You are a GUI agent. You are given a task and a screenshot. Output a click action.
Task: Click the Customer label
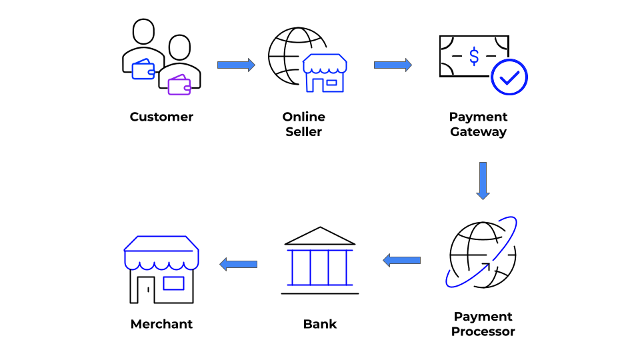[x=161, y=117]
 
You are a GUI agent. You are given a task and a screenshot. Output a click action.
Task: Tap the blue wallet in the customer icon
[x=143, y=69]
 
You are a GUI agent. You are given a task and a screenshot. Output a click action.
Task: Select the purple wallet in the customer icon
[x=179, y=85]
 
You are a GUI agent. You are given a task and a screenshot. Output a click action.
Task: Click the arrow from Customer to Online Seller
[x=236, y=65]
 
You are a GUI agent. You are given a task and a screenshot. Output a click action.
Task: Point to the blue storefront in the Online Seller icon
[x=325, y=73]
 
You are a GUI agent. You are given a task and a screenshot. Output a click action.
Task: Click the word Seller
[x=303, y=132]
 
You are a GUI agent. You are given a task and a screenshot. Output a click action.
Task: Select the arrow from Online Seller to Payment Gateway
[x=393, y=65]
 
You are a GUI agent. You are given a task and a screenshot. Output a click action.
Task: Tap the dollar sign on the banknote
[x=474, y=56]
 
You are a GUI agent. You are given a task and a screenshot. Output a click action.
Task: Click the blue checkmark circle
[x=509, y=77]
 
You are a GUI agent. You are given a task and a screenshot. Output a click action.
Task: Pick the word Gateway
[x=478, y=132]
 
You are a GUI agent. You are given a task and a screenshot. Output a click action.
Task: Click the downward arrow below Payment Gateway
[x=483, y=181]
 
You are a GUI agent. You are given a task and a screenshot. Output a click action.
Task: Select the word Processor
[x=483, y=331]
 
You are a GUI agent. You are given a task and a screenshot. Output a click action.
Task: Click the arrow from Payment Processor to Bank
[x=401, y=260]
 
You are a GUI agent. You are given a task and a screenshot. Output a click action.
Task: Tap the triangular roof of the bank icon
[x=320, y=236]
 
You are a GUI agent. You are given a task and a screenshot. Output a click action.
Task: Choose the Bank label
[x=320, y=325]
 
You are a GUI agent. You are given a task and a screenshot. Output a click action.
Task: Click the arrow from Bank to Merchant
[x=239, y=264]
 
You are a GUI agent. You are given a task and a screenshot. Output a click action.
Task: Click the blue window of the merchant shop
[x=173, y=283]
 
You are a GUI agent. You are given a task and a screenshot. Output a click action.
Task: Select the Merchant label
[x=161, y=325]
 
